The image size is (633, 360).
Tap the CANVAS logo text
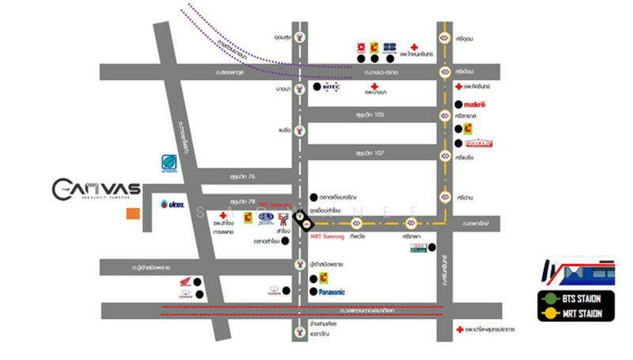point(96,189)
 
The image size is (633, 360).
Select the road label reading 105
point(372,115)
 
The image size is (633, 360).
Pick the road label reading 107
point(371,152)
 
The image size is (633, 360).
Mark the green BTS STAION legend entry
point(581,299)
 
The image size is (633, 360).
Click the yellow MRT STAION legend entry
point(581,314)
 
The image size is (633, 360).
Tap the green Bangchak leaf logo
point(168,161)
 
